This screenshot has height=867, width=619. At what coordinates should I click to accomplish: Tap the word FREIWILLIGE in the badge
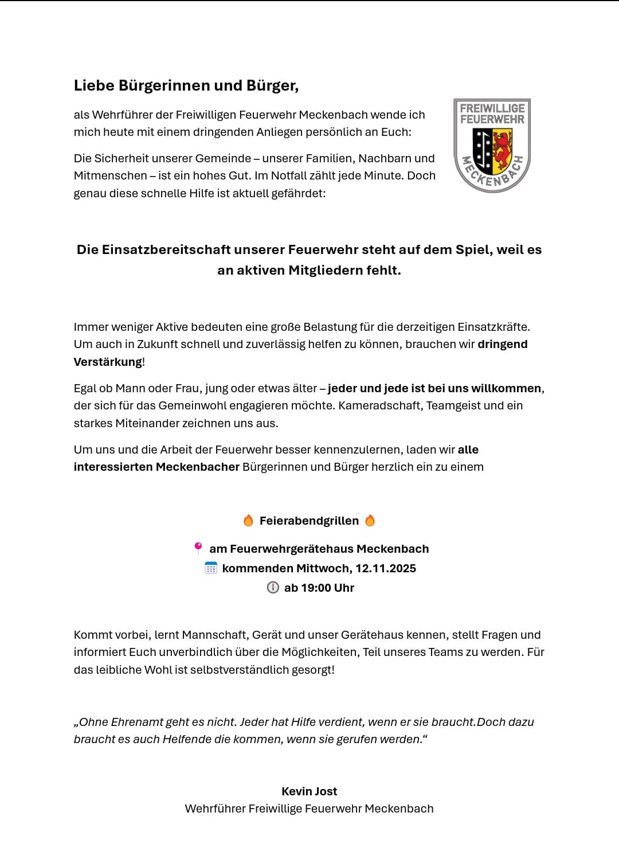[492, 108]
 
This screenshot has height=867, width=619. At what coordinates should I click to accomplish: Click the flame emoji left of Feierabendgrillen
[248, 521]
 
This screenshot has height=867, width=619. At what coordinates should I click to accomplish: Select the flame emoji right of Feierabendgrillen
[370, 521]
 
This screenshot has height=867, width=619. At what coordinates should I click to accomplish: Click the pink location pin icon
[198, 548]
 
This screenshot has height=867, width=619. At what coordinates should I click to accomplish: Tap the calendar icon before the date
[211, 568]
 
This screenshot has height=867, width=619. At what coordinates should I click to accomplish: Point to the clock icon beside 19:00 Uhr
[273, 588]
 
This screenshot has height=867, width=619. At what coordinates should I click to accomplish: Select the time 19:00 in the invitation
[315, 588]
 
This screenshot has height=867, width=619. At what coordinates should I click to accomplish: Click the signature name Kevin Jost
[309, 791]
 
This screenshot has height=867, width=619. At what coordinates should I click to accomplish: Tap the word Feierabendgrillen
[309, 521]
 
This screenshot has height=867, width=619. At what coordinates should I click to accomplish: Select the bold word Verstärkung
[108, 362]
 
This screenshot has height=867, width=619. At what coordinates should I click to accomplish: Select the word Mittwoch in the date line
[323, 568]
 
